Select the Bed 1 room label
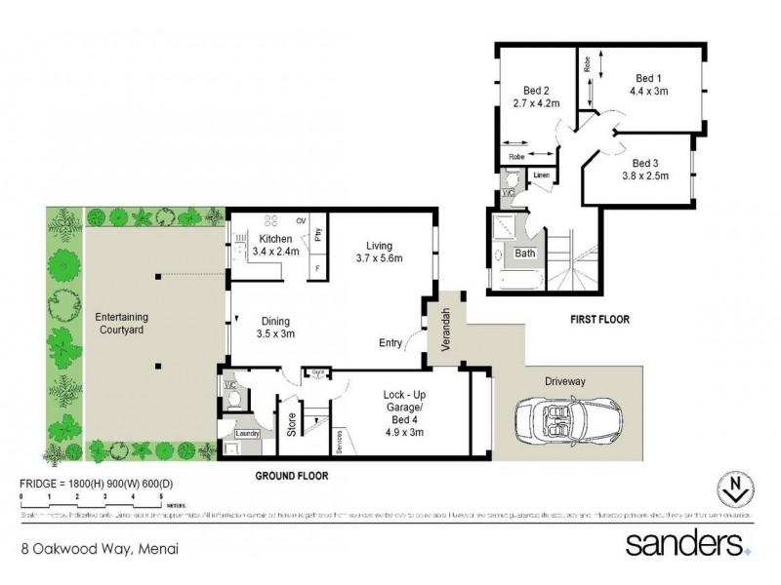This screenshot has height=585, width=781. (x=648, y=79)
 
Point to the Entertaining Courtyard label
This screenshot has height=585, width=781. (x=123, y=323)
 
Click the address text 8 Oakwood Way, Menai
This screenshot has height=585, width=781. (x=99, y=548)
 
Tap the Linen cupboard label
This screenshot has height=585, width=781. (x=541, y=175)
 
